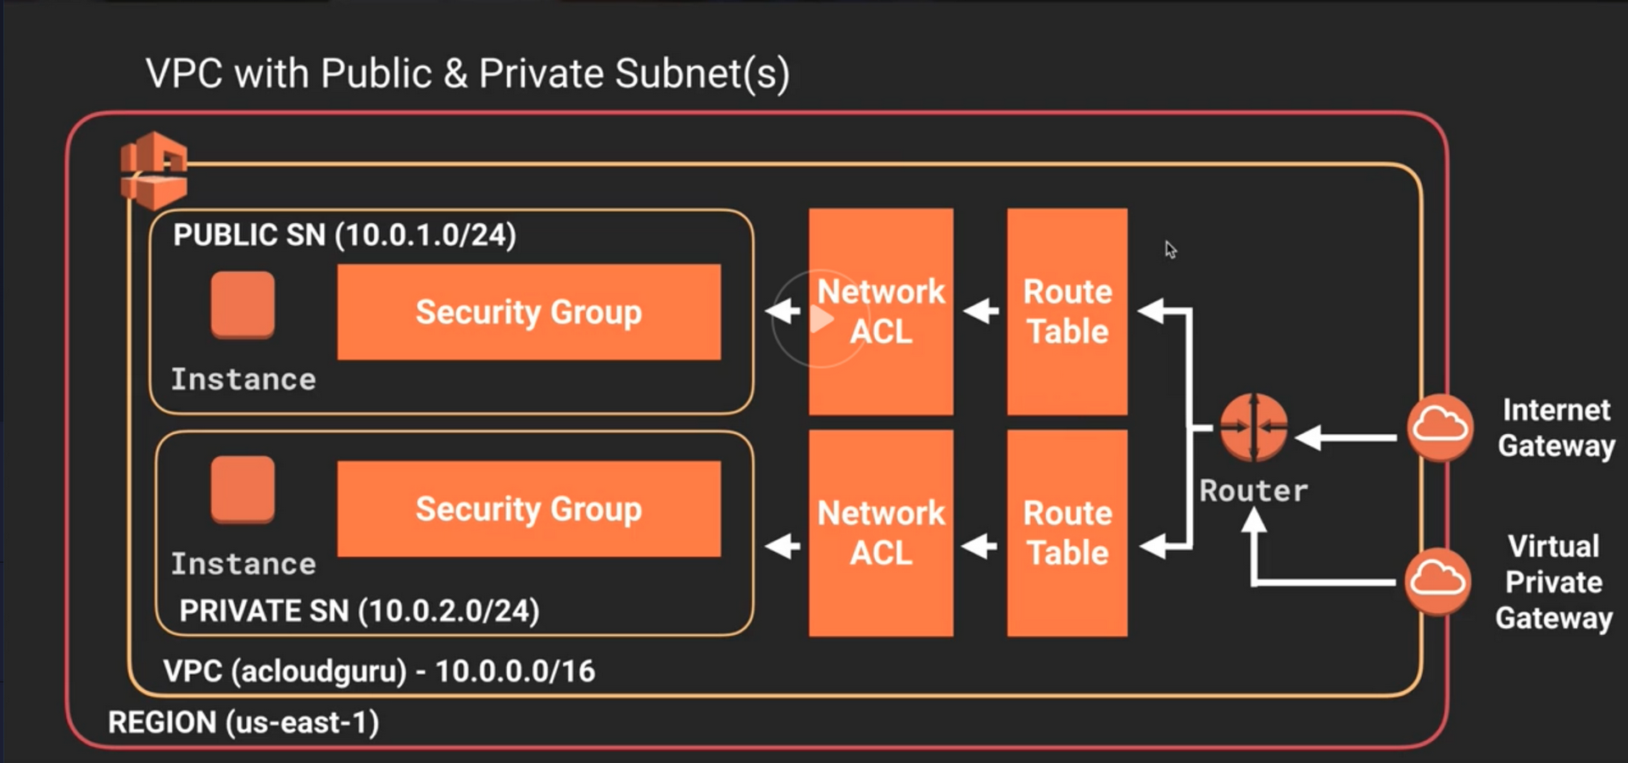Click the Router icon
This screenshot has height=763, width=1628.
(1253, 427)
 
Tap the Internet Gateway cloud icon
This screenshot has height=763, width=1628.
(1440, 426)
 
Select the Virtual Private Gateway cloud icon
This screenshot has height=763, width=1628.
(1437, 581)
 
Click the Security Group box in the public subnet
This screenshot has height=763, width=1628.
(529, 312)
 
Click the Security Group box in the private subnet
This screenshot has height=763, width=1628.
(529, 509)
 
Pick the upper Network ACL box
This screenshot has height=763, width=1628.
(881, 311)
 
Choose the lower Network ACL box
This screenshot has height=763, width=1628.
(881, 532)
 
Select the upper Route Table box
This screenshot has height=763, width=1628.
(1067, 311)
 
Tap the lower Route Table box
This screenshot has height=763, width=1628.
(1067, 532)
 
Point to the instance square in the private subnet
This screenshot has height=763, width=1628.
(243, 489)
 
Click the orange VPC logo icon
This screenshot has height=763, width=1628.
(153, 170)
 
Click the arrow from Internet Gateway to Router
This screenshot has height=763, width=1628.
(1346, 437)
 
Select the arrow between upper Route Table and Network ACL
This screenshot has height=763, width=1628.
(981, 311)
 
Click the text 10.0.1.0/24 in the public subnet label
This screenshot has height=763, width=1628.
(426, 235)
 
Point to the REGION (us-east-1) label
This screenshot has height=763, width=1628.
(243, 722)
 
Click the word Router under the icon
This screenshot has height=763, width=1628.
(1253, 491)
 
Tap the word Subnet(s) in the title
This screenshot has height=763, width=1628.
(702, 74)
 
